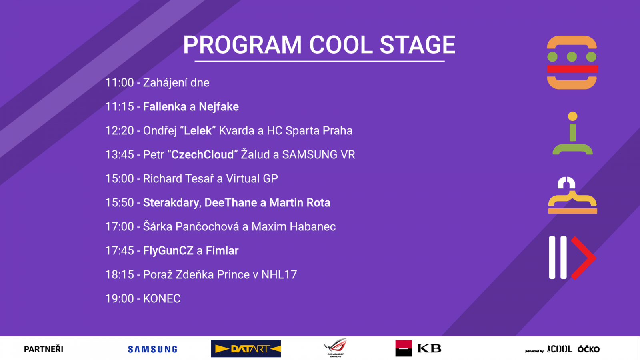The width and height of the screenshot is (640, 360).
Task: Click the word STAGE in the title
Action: [x=418, y=45]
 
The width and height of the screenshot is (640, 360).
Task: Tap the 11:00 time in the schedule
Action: [x=120, y=83]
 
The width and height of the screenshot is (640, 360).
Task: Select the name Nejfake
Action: [x=218, y=107]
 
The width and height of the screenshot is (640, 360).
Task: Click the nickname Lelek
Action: [x=198, y=130]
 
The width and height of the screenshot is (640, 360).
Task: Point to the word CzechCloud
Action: [x=202, y=154]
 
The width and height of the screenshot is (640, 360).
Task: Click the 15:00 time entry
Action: [x=120, y=178]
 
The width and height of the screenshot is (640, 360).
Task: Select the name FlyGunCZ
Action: [x=168, y=250]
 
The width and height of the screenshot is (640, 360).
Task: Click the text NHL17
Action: [x=279, y=274]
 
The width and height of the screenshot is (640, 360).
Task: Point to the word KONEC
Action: [x=162, y=298]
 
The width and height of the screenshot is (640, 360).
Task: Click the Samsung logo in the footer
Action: [x=152, y=349]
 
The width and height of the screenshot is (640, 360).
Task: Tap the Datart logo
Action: [x=246, y=348]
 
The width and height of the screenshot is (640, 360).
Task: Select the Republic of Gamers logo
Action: [x=336, y=348]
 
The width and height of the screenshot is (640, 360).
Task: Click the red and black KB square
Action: [x=404, y=348]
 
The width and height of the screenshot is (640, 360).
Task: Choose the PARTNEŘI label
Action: [x=44, y=349]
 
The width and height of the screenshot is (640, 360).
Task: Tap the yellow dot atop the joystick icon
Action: [x=572, y=116]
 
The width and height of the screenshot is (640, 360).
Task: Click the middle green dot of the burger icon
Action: [x=572, y=57]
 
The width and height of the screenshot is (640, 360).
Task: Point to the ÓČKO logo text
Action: [x=588, y=349]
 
